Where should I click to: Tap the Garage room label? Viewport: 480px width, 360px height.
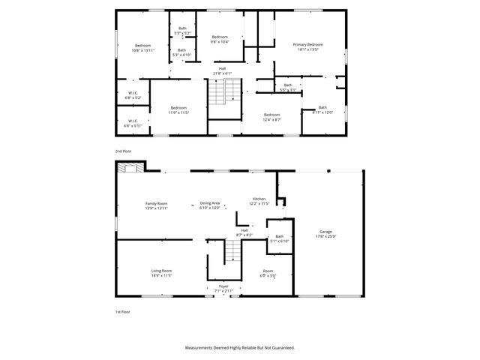pyautogui.click(x=325, y=232)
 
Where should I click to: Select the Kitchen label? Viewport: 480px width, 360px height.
pyautogui.click(x=259, y=199)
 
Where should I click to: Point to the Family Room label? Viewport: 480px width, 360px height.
pyautogui.click(x=156, y=204)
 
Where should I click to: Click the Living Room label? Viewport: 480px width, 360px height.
pyautogui.click(x=162, y=271)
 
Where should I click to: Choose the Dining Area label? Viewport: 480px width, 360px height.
pyautogui.click(x=210, y=203)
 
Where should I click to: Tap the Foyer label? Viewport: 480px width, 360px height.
pyautogui.click(x=223, y=285)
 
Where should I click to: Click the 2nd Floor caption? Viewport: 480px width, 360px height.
pyautogui.click(x=123, y=151)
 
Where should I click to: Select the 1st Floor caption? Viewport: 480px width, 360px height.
pyautogui.click(x=123, y=311)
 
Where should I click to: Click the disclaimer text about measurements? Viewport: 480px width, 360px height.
pyautogui.click(x=240, y=347)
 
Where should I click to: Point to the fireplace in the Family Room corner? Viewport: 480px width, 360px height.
pyautogui.click(x=130, y=169)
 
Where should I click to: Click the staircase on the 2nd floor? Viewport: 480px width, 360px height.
pyautogui.click(x=217, y=94)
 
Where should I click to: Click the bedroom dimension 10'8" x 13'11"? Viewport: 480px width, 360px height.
pyautogui.click(x=142, y=50)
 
